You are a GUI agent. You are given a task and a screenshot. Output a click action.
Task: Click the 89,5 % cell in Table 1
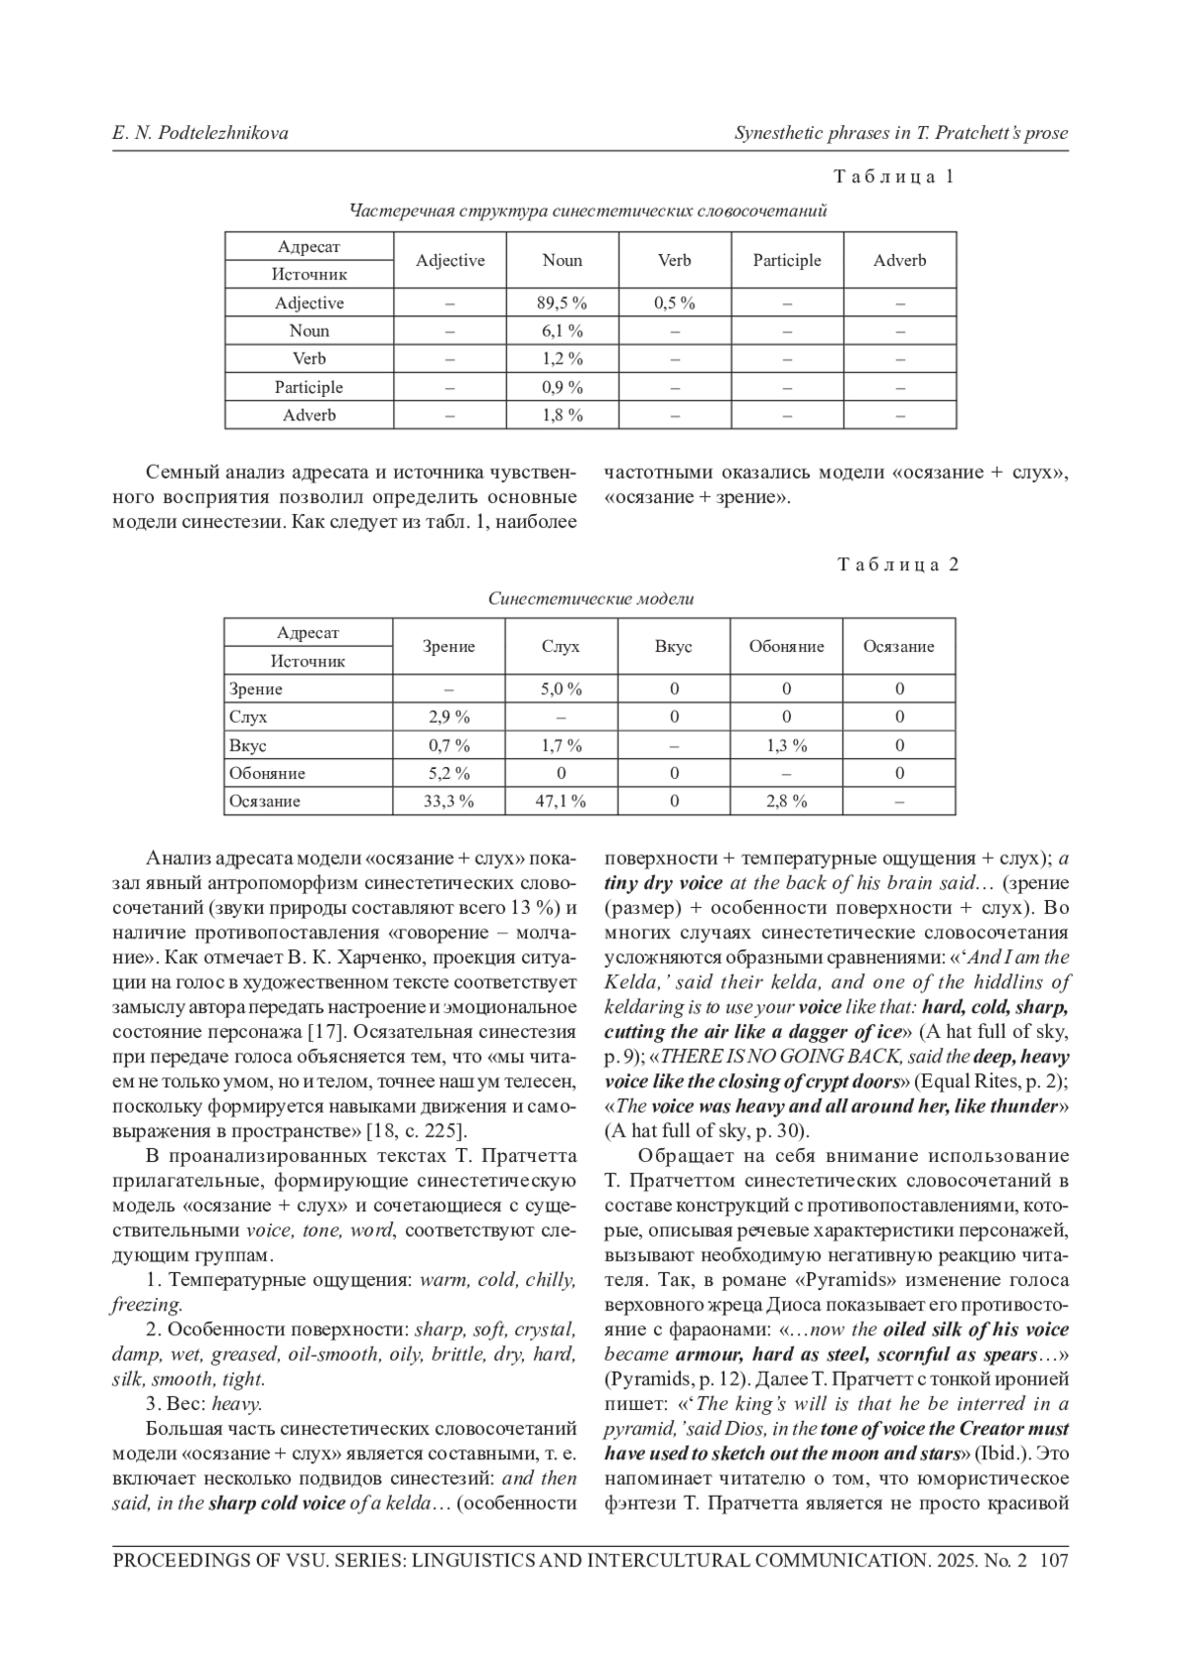point(562,302)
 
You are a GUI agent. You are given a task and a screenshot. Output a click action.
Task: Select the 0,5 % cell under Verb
point(675,302)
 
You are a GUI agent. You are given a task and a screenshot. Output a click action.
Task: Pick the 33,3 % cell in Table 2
point(448,802)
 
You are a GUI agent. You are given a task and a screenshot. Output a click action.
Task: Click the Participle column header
point(787,260)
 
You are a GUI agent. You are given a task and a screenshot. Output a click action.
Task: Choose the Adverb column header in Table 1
point(899,260)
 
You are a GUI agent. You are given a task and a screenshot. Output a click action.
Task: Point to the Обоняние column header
point(786,647)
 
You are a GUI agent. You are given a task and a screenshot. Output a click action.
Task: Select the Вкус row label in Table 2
point(247,745)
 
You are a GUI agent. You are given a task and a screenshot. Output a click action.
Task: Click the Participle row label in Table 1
point(308,387)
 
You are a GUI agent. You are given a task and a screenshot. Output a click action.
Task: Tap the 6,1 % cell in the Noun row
point(562,331)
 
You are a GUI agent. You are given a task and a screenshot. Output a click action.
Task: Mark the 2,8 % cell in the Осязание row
point(786,802)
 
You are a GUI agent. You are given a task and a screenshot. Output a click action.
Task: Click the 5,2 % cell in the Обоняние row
point(448,773)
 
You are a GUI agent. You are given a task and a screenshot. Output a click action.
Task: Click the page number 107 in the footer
point(1053,1561)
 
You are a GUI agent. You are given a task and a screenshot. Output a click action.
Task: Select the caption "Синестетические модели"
point(591,598)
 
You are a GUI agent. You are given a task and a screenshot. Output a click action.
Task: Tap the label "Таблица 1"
point(894,177)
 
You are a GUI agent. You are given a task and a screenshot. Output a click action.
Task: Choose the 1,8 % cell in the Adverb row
point(562,416)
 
